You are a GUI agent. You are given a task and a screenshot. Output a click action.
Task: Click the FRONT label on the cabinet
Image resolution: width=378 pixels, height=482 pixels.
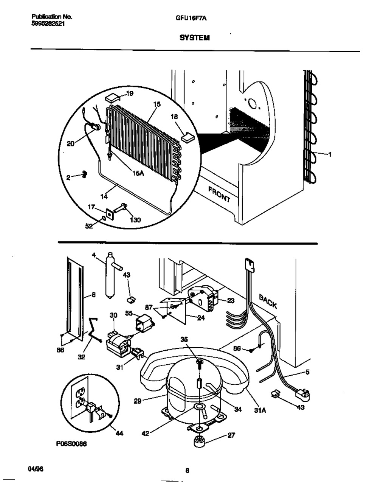coord(218,194)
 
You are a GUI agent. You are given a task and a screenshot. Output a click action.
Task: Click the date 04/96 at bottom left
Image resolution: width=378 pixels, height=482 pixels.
coord(36,468)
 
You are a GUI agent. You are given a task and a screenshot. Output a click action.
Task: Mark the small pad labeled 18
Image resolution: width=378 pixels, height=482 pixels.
coord(187,137)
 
